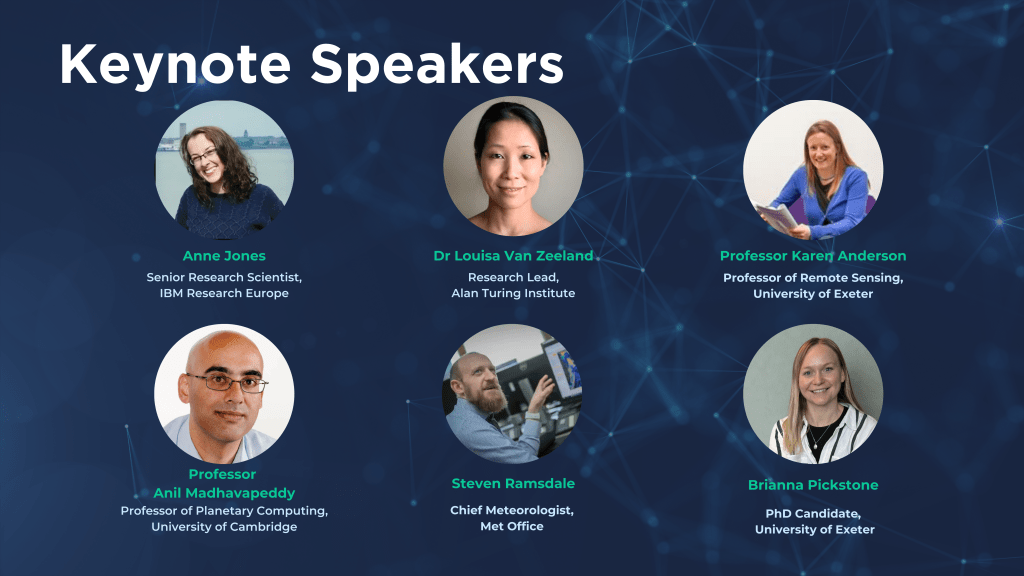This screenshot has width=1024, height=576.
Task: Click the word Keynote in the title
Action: (175, 65)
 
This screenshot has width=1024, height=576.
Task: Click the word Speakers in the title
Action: (437, 65)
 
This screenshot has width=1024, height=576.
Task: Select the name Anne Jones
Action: (224, 256)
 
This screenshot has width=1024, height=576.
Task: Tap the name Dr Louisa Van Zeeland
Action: (513, 256)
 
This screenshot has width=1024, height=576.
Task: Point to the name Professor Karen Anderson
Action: (813, 256)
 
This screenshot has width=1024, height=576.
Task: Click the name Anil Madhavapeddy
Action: (224, 493)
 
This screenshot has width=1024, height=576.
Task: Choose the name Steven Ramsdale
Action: (513, 484)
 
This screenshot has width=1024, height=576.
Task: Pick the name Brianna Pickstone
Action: (813, 485)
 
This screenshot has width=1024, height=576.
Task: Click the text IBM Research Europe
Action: (224, 293)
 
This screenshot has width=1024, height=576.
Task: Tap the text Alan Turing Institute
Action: (513, 293)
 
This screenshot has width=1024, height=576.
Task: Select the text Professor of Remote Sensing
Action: (813, 278)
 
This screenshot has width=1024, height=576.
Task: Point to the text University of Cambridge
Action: (224, 527)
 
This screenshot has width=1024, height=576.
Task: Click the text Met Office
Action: (512, 526)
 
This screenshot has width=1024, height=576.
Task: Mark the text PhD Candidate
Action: (813, 514)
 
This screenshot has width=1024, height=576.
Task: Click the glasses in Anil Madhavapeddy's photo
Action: (227, 383)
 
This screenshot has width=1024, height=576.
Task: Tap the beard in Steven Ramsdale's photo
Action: (491, 396)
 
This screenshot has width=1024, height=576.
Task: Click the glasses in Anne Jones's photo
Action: (203, 157)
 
